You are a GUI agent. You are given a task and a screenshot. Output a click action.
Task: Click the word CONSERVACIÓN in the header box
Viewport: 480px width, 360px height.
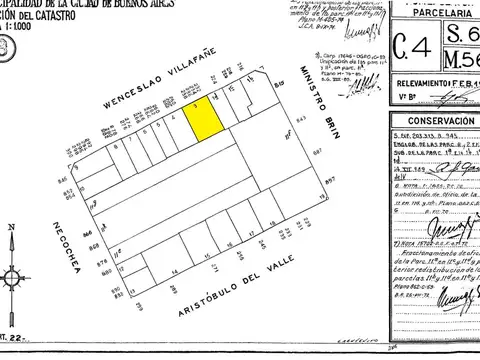(x=425, y=121)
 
